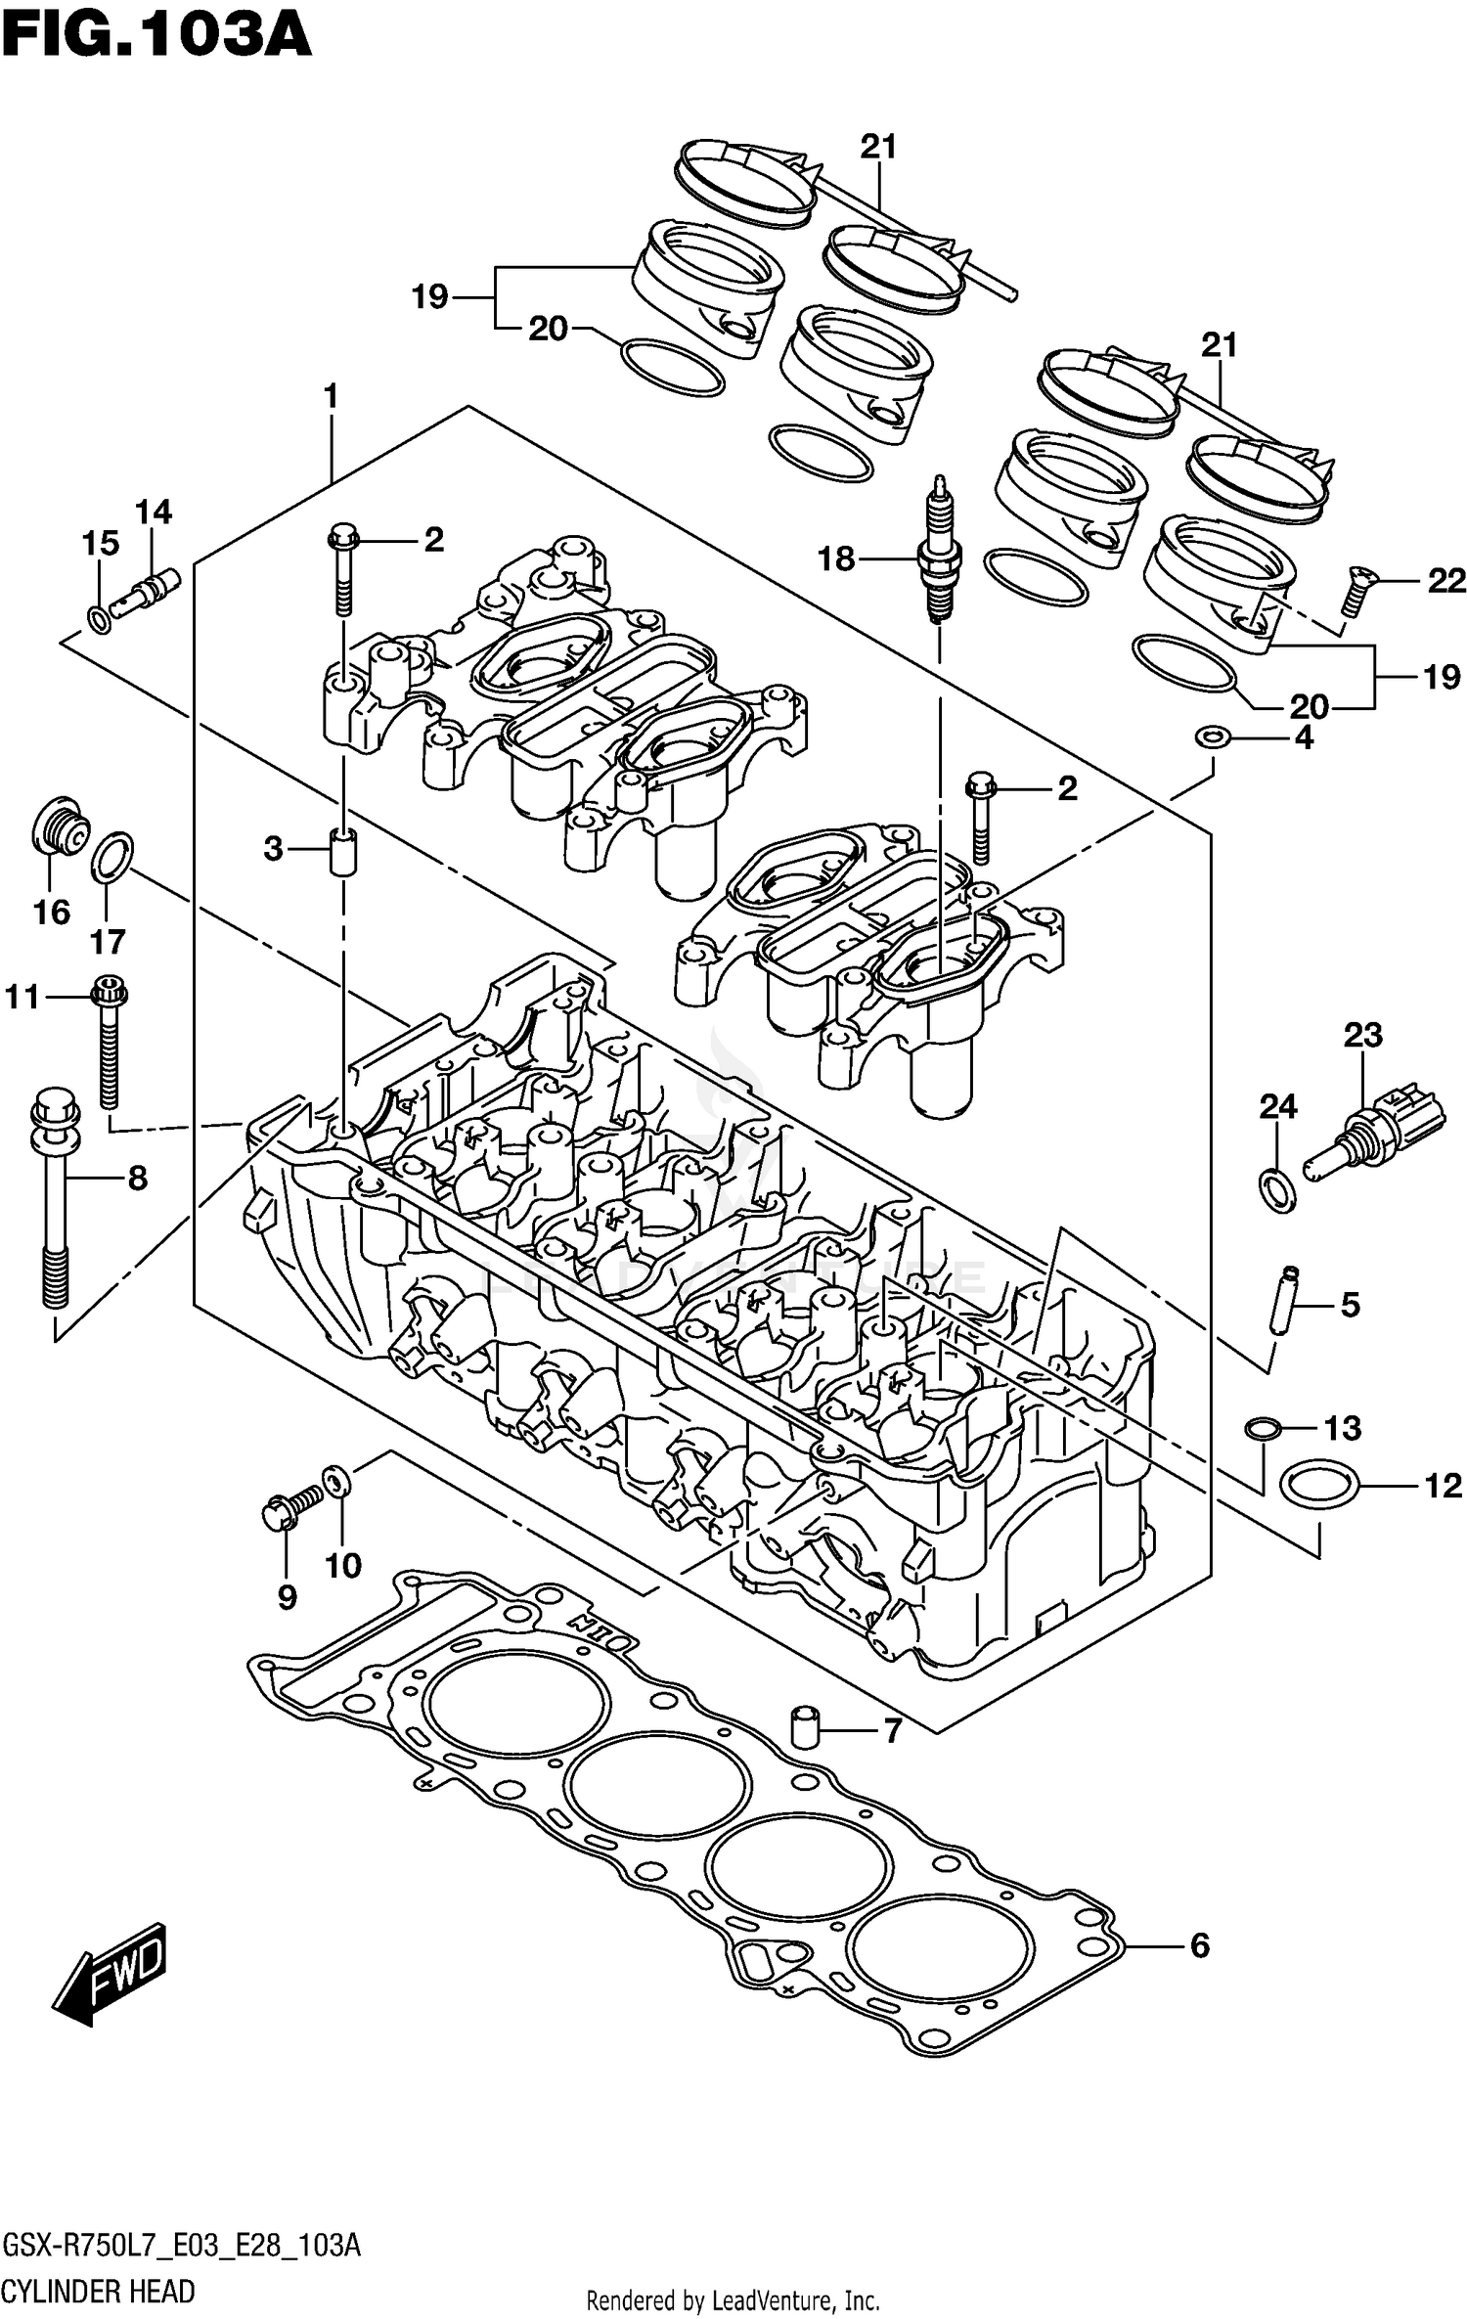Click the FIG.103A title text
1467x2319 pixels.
pyautogui.click(x=156, y=37)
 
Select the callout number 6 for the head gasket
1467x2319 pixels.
pyautogui.click(x=1199, y=1945)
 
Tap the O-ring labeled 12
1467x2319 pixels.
pyautogui.click(x=1318, y=1488)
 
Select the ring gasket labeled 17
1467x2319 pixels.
pyautogui.click(x=112, y=857)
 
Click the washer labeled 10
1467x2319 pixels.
pyautogui.click(x=333, y=1480)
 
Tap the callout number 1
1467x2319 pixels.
pyautogui.click(x=331, y=396)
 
